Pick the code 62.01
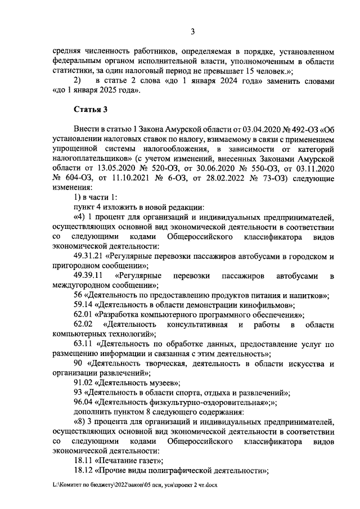[83, 316]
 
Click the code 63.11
[83, 343]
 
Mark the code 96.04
[83, 403]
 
